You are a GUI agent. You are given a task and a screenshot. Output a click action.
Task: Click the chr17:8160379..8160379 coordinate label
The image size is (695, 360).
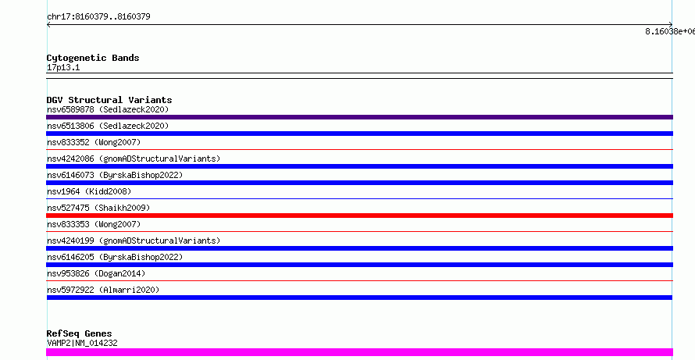(98, 17)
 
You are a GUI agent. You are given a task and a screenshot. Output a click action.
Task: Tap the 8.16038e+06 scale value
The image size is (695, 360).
(670, 31)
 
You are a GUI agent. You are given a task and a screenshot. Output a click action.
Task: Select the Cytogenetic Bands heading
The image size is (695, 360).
(93, 58)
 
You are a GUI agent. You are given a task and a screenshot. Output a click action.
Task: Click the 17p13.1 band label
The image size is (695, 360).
(63, 68)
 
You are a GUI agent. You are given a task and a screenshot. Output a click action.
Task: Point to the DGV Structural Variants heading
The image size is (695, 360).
(109, 100)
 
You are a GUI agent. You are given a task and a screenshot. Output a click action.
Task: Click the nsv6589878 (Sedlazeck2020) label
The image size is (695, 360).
(108, 109)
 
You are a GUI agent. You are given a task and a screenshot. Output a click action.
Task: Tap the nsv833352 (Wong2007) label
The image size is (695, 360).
(94, 142)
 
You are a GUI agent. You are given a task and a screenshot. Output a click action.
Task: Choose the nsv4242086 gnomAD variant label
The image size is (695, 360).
(134, 159)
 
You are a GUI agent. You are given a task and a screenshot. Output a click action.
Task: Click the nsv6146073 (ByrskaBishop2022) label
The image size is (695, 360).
(115, 175)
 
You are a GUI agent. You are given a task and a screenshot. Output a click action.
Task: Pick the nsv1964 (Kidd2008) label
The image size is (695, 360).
(89, 191)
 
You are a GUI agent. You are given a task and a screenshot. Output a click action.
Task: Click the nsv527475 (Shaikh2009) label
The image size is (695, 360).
(98, 208)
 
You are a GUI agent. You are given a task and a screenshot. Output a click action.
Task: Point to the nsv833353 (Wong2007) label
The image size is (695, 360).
(94, 224)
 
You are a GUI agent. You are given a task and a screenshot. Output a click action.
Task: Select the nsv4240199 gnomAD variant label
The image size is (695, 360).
(134, 241)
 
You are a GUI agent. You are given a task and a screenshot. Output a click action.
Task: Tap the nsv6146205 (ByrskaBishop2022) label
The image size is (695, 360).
(115, 257)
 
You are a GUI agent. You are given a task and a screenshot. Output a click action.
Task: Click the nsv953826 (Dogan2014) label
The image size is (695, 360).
(96, 273)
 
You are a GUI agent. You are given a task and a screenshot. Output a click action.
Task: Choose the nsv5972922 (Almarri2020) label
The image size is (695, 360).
(103, 290)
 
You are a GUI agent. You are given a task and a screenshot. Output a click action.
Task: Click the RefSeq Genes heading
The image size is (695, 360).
(80, 333)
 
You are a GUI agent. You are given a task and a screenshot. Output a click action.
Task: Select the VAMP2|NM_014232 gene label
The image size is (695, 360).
(82, 343)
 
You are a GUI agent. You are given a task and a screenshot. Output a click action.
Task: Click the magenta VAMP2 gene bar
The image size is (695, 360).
(359, 352)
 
